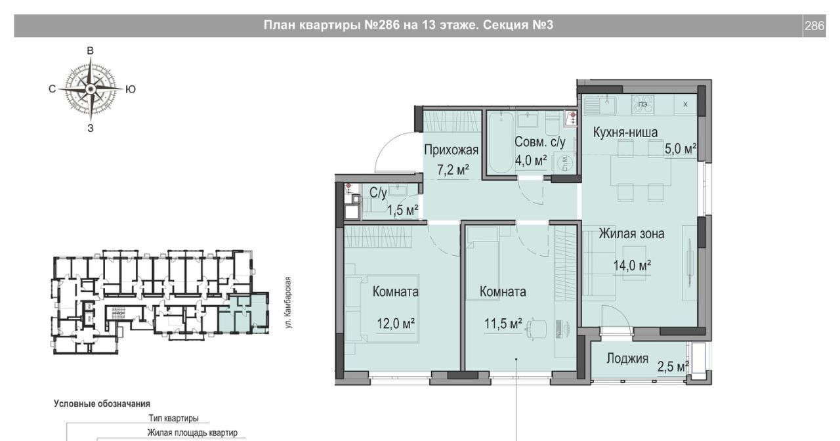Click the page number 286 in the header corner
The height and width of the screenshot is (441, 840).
point(814,26)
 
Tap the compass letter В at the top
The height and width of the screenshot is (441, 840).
point(91,51)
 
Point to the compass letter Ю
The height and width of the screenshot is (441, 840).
point(130,89)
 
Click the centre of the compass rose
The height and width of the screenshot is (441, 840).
point(91,89)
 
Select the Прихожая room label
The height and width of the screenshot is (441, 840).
point(451,150)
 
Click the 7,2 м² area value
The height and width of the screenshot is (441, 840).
point(453,170)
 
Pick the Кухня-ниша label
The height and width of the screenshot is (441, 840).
point(625,133)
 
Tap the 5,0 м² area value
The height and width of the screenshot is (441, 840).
point(681,149)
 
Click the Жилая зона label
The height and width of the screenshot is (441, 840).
point(631,234)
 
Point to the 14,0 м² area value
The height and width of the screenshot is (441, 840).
point(632,266)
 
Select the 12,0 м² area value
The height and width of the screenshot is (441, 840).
point(396,324)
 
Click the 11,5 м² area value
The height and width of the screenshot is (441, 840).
point(503,324)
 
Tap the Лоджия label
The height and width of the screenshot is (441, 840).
point(627,359)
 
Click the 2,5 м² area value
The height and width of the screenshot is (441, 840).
point(673,366)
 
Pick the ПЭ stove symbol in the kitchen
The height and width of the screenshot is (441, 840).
point(642,104)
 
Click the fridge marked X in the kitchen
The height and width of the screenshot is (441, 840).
point(686,104)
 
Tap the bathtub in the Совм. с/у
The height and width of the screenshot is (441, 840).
point(501,143)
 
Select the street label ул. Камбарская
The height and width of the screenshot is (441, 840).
point(288,303)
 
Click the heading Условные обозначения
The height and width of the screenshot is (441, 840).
point(102,404)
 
